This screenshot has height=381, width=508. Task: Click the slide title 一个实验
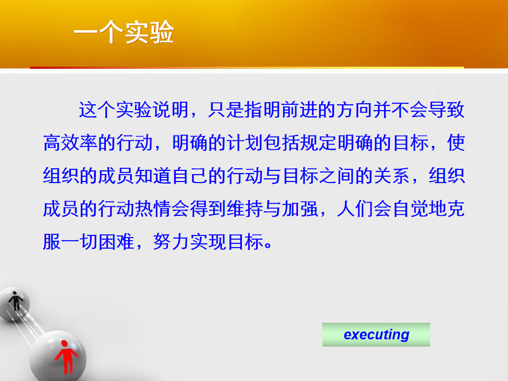[124, 32]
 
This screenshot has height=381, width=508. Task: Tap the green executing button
[376, 334]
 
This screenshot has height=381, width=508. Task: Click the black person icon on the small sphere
[15, 301]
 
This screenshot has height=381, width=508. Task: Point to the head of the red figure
[65, 343]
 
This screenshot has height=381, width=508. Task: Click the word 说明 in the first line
[171, 110]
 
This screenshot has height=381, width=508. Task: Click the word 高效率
[70, 142]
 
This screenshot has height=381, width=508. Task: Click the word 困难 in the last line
[116, 241]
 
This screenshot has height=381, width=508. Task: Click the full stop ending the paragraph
[268, 245]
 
